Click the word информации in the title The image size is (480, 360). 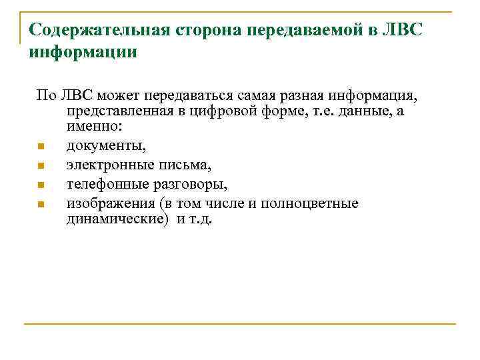[x=83, y=51]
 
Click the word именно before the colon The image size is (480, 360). [x=90, y=125]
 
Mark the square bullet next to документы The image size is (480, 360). [x=41, y=146]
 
